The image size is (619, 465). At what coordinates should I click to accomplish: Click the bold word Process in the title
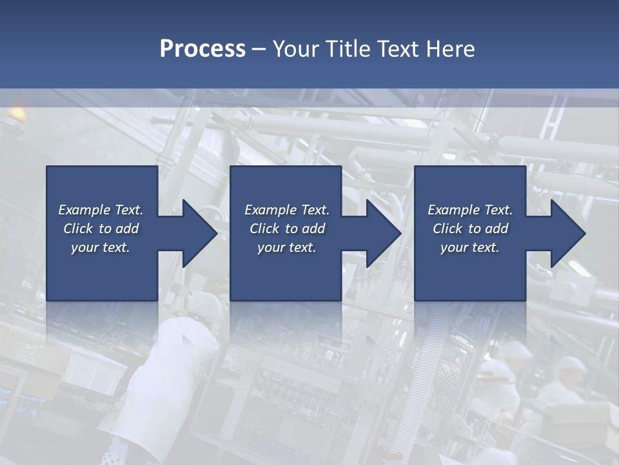pos(202,49)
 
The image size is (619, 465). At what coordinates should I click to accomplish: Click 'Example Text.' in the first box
pos(101,210)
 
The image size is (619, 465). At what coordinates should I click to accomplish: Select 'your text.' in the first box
pos(101,247)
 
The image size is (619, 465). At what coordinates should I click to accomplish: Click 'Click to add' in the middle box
pos(287,229)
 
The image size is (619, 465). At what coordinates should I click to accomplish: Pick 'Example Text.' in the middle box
pos(287,210)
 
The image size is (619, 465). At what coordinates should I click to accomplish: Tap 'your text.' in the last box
pos(470,247)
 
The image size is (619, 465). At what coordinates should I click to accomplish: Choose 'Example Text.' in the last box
pos(470,210)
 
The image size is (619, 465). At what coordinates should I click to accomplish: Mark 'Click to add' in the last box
pos(470,229)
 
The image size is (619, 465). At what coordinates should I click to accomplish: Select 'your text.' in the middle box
pos(287,247)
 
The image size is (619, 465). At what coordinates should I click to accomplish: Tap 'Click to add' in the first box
pos(101,229)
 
